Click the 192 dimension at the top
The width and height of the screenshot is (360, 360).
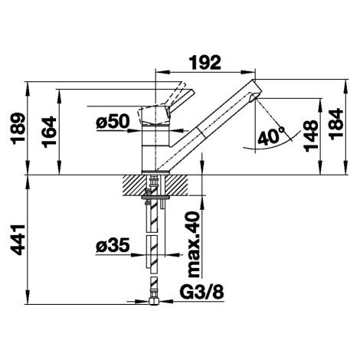pos(205,63)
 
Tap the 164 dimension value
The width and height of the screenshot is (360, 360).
pos(49,132)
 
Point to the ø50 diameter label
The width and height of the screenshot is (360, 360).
pos(113,121)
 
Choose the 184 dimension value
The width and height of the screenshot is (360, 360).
pos(335,124)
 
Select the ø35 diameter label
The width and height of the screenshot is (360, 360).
pos(113,246)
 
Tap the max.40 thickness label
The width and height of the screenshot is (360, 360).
pos(193,244)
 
